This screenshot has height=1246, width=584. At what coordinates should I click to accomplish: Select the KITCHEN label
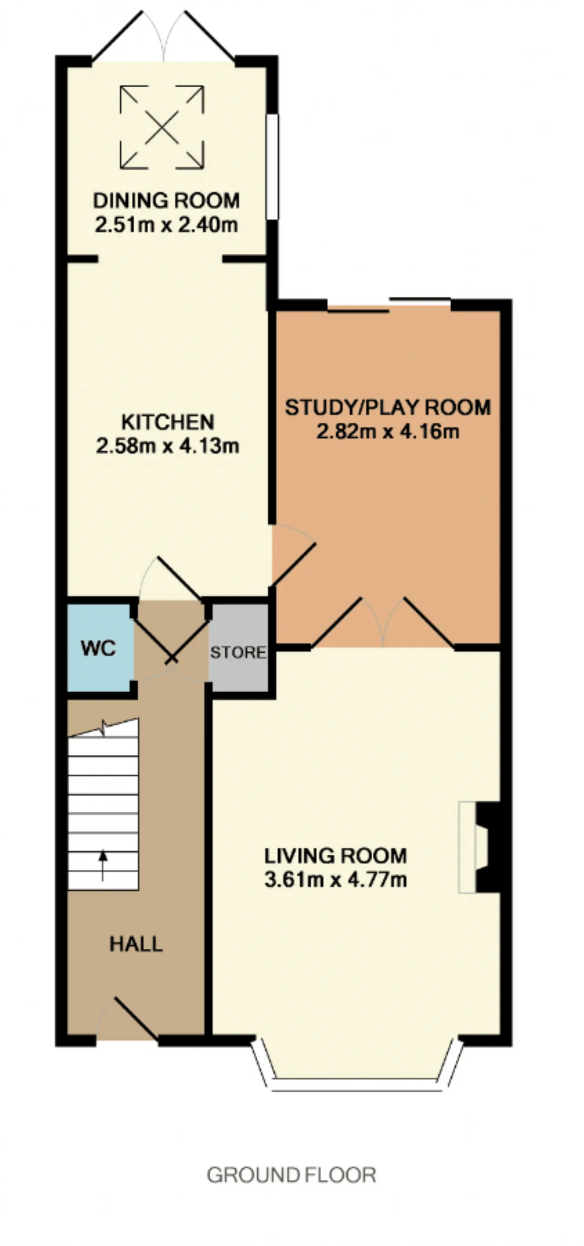(168, 422)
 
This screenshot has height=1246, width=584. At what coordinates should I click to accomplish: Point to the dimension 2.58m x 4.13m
(168, 446)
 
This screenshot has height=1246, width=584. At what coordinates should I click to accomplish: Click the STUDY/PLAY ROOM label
(388, 407)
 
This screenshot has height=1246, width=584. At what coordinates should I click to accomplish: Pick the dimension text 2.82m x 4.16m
(388, 431)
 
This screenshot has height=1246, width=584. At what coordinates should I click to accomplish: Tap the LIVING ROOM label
(335, 856)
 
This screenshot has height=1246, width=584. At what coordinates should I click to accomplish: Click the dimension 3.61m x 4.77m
(335, 879)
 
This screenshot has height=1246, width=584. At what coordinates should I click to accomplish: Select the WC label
(99, 649)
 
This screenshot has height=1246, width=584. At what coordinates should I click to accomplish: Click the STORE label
(238, 652)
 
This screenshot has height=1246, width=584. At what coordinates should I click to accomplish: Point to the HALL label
(136, 944)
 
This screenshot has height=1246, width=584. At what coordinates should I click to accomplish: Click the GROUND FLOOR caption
(292, 1175)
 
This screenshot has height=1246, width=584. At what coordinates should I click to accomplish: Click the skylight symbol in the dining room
(162, 128)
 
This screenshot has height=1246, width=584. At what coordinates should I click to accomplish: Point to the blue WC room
(100, 648)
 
